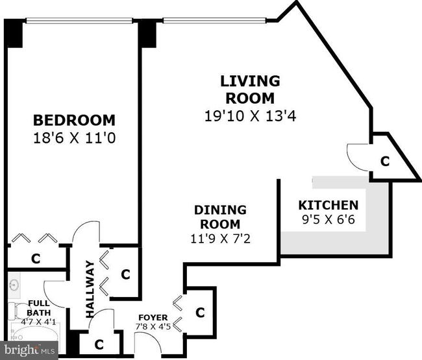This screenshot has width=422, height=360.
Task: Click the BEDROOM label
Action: [x=74, y=120]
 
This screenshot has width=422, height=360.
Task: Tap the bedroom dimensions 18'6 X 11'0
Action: [x=74, y=138]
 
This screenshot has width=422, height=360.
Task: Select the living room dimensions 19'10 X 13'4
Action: [x=251, y=116]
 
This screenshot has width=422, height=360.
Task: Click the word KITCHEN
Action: [x=329, y=206]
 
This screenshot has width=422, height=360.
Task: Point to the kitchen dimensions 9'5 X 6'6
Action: [x=329, y=219]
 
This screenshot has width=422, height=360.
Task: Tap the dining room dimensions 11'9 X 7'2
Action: [x=221, y=239]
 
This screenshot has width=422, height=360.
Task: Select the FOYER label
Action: [x=153, y=318]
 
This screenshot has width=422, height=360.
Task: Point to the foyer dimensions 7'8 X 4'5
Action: [x=153, y=327]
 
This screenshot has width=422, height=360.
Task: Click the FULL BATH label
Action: [x=39, y=308]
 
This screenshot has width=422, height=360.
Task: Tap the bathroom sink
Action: [x=13, y=283]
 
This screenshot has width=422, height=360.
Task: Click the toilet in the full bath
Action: [x=19, y=311]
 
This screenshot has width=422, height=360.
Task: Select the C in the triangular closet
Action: [x=385, y=162]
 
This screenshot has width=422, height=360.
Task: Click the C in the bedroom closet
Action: [x=36, y=258]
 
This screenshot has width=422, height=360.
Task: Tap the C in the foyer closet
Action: [x=200, y=313]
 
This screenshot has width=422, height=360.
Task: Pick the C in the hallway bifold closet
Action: [x=125, y=274]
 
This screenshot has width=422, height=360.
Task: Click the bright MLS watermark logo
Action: [x=29, y=350]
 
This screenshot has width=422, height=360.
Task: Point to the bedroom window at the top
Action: [x=79, y=21]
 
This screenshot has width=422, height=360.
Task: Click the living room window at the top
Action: [x=214, y=21]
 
